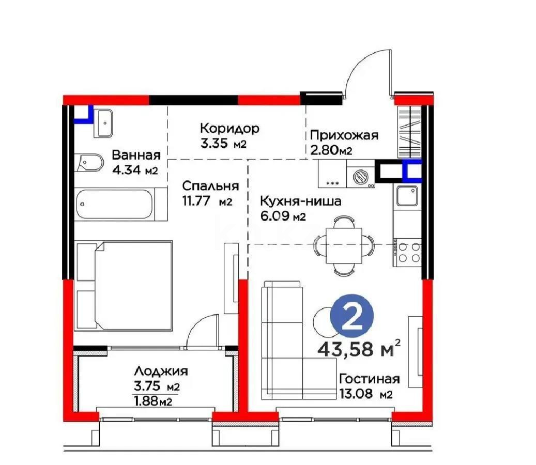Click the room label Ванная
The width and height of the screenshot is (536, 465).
136,155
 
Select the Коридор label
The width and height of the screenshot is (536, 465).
229,128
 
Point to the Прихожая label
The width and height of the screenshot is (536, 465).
344,135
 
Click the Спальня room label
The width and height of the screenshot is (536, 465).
210,186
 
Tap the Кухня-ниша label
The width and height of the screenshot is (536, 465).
300,202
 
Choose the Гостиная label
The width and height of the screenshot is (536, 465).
369,379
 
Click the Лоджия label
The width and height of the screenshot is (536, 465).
160,371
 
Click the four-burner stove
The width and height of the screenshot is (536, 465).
408,254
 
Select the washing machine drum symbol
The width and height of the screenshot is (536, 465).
360,177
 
